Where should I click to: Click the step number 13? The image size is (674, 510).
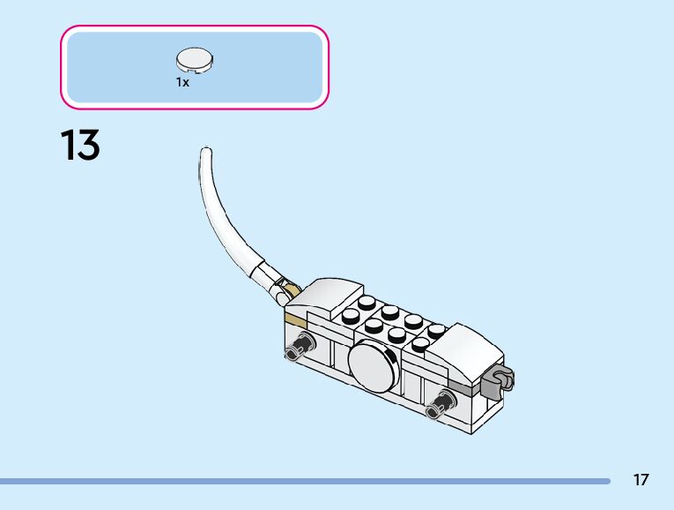80,146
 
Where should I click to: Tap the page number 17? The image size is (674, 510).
641,480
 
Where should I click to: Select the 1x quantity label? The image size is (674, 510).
182,82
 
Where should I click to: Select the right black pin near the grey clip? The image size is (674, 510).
441,405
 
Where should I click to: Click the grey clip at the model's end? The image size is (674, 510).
497,381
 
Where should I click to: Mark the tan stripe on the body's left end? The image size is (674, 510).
292,317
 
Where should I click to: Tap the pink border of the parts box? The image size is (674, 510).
194,27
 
